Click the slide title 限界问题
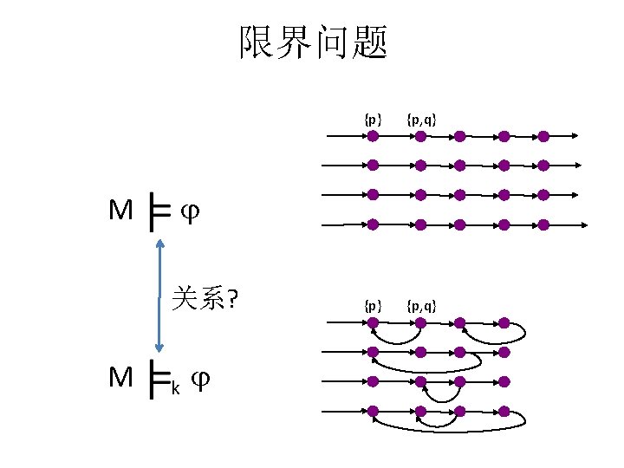(x=313, y=42)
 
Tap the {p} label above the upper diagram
(x=373, y=119)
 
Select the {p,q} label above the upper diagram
(x=420, y=119)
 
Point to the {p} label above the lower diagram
(x=373, y=305)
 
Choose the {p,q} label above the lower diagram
(x=420, y=305)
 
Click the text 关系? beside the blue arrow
(x=205, y=299)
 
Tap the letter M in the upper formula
(x=120, y=211)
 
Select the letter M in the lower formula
(x=120, y=377)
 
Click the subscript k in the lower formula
(x=176, y=387)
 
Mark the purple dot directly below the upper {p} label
(x=373, y=135)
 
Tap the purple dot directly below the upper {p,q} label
(x=419, y=135)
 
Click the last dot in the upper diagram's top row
(x=543, y=135)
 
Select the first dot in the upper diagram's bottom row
(x=373, y=224)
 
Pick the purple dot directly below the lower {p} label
(x=373, y=323)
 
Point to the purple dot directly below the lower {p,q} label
(x=419, y=323)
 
